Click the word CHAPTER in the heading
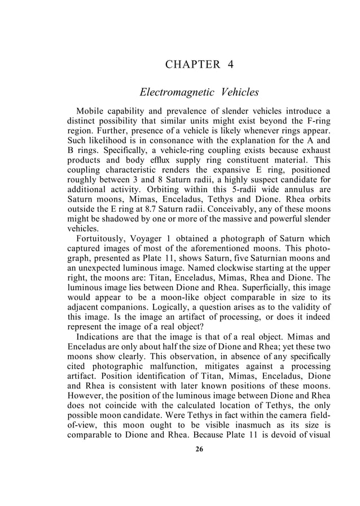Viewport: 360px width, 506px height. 190,64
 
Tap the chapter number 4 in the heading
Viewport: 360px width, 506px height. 230,64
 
